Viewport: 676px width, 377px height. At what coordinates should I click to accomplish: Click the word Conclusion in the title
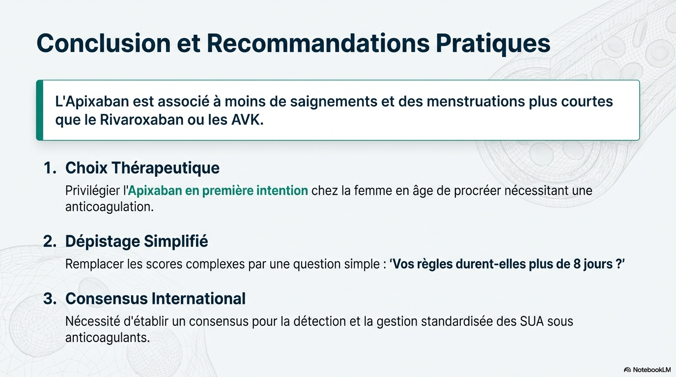[104, 43]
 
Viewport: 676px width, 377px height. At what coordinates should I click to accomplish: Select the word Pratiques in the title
[493, 44]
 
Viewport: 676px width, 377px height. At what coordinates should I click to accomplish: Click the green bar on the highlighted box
[39, 110]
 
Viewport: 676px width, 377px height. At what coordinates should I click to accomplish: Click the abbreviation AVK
[247, 120]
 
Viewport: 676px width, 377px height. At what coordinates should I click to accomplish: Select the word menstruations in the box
[476, 101]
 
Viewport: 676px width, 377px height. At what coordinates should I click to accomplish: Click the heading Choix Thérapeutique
[142, 168]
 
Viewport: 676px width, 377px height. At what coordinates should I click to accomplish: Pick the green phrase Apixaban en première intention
[218, 190]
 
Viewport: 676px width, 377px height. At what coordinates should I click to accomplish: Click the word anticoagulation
[109, 207]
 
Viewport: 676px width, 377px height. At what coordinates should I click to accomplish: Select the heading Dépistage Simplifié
[137, 242]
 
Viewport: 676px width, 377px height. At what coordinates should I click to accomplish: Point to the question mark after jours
[618, 264]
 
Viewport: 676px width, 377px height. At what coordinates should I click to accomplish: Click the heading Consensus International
[155, 298]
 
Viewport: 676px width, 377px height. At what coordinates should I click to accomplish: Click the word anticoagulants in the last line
[108, 338]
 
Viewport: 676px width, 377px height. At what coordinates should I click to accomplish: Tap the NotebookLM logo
[647, 370]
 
